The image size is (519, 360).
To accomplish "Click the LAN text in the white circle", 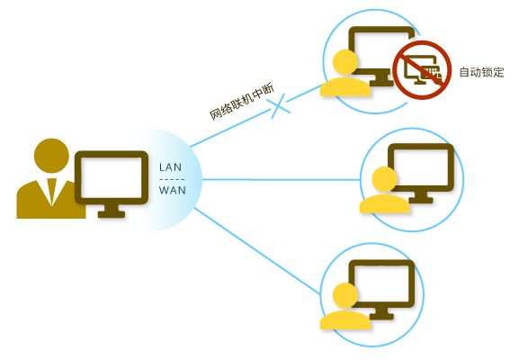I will [171, 167].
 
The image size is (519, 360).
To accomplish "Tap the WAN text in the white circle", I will [172, 190].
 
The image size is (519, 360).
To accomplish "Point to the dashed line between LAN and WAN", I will [171, 179].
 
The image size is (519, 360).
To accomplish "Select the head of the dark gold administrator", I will [51, 156].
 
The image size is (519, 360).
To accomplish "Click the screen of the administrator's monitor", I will [110, 178].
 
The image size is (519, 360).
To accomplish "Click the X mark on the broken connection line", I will [280, 105].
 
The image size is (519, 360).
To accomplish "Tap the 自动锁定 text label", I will [481, 72].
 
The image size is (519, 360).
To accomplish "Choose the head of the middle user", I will [383, 179].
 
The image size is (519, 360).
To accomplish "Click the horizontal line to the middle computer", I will [279, 179].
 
